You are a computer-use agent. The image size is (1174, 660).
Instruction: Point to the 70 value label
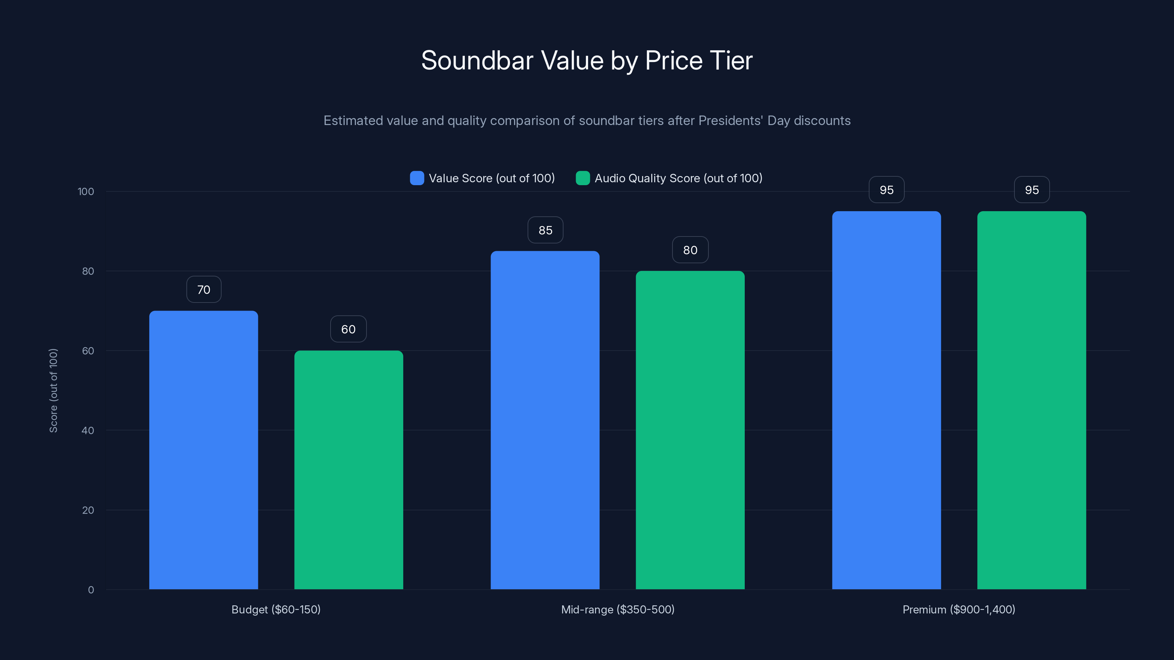[x=204, y=290]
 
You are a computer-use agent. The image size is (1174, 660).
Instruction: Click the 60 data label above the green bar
[x=348, y=329]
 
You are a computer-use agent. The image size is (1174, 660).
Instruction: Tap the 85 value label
[x=545, y=231]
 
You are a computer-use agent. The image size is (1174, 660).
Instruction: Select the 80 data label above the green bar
[x=690, y=250]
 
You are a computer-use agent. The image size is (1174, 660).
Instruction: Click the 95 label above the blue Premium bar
[x=886, y=190]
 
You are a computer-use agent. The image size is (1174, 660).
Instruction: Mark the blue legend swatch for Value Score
[x=416, y=178]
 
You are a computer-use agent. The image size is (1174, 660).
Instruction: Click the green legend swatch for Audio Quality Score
[x=583, y=178]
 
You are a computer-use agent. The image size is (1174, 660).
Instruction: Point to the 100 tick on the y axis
[x=86, y=192]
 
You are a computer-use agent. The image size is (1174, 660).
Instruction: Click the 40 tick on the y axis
[x=88, y=430]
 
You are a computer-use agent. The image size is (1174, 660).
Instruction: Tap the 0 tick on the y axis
[x=91, y=590]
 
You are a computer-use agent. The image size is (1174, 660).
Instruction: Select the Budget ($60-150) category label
[x=276, y=609]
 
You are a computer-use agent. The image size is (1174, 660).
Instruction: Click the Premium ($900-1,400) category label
[x=958, y=609]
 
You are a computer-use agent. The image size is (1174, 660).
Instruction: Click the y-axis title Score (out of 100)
[x=53, y=390]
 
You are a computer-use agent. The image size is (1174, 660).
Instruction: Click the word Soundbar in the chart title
[x=477, y=60]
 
